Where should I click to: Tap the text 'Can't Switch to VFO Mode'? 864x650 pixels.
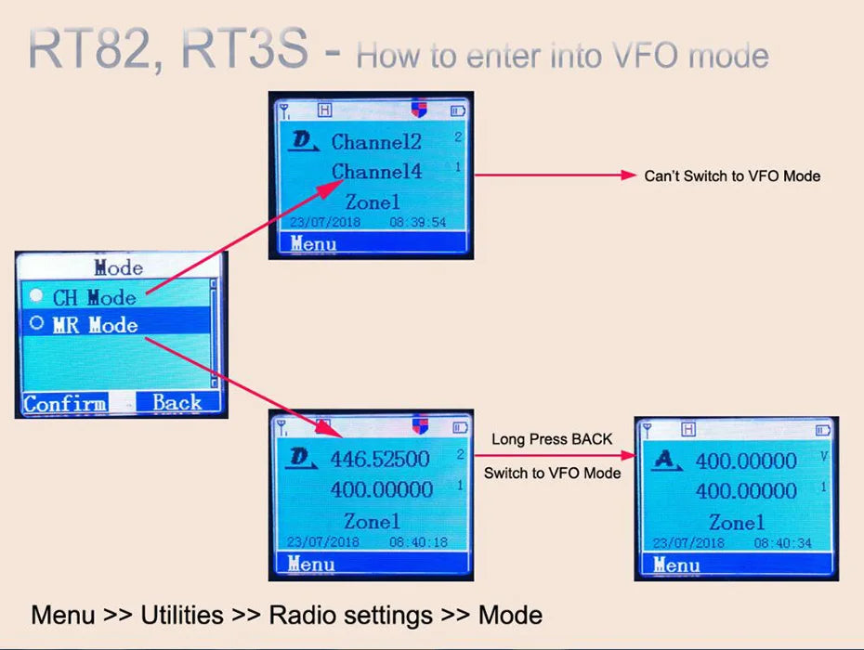(732, 175)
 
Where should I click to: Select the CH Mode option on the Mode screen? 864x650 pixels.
(94, 297)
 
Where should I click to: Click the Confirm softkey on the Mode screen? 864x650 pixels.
(65, 403)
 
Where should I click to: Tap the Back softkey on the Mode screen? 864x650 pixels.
(177, 403)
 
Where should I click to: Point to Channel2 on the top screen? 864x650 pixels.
(376, 142)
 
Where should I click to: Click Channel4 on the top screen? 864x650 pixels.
(376, 171)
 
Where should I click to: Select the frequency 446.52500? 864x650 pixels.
(380, 459)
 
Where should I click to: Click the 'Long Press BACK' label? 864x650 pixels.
(552, 439)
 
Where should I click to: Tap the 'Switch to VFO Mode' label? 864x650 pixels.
(552, 473)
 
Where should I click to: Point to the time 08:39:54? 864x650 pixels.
(417, 223)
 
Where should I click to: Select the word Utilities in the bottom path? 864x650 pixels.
(182, 615)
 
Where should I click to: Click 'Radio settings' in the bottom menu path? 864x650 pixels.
(351, 615)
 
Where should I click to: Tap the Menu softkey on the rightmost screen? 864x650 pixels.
(676, 565)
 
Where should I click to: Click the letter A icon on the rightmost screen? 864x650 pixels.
(663, 461)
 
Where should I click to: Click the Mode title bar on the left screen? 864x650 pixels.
(119, 268)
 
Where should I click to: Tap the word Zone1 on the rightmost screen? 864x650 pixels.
(737, 522)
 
